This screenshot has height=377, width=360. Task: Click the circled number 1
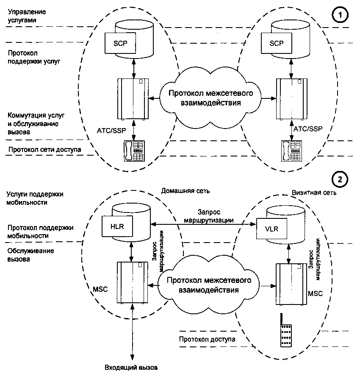[340, 16]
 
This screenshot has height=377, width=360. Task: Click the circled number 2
[340, 179]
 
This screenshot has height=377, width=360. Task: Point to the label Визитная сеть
[314, 192]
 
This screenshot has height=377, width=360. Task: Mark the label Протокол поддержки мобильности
[40, 231]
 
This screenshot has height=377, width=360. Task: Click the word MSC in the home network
[100, 289]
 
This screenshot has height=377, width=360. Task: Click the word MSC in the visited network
[315, 293]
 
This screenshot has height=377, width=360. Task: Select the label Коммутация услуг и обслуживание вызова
[35, 123]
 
